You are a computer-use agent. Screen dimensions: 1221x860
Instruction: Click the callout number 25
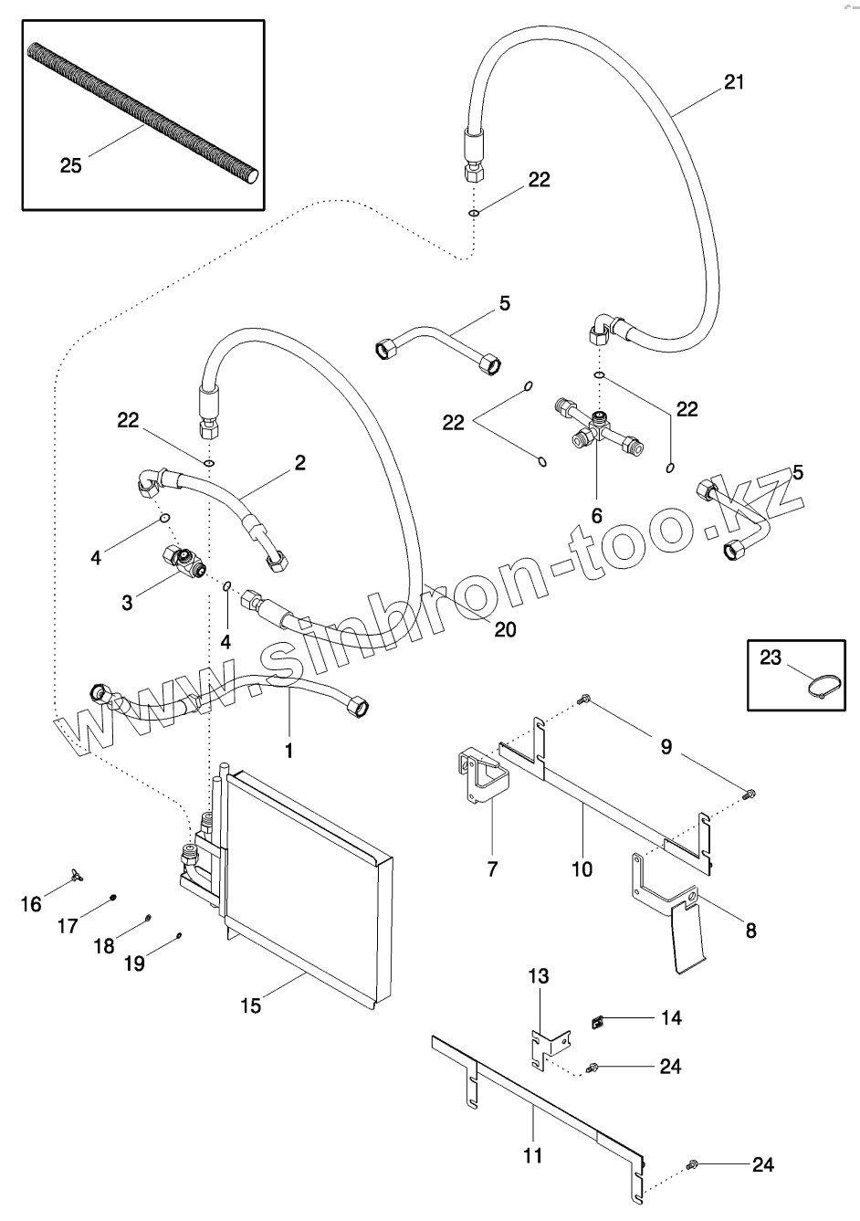pos(70,165)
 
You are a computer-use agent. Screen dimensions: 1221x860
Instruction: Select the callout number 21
pos(733,82)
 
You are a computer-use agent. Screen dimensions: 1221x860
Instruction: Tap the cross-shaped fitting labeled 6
pos(597,429)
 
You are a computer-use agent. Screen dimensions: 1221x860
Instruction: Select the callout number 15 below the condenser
pos(251,1005)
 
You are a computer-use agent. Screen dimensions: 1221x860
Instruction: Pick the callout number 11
pos(533,1156)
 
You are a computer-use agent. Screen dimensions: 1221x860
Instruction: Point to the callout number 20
pos(505,629)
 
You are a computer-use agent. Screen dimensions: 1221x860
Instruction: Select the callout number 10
pos(582,868)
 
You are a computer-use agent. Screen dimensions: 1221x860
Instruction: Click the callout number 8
pos(750,931)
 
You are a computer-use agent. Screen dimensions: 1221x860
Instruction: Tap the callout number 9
pos(666,747)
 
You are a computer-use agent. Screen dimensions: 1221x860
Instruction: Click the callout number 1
pos(289,751)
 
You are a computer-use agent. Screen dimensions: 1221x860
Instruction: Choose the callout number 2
pos(299,464)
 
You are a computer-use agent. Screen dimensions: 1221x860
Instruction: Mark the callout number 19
pos(133,963)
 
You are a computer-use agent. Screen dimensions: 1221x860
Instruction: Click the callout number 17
pos(68,926)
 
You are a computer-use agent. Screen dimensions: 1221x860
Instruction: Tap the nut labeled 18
pos(149,918)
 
